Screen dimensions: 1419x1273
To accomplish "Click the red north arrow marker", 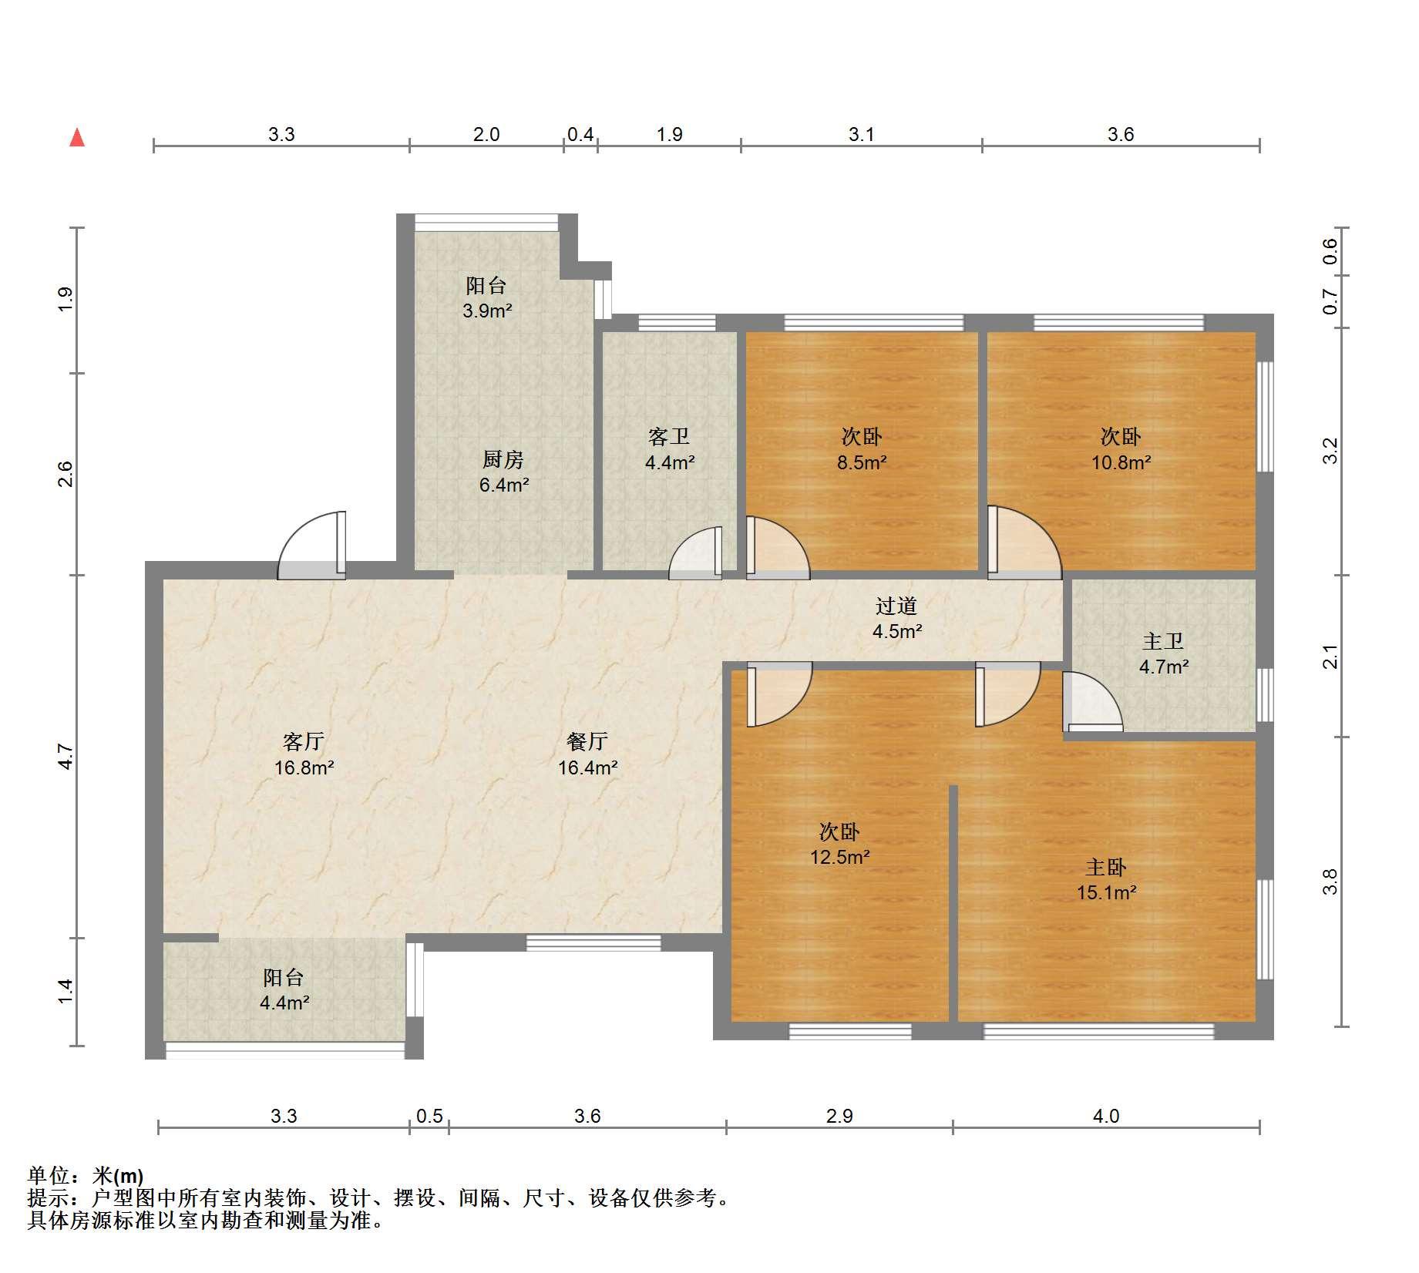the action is pyautogui.click(x=77, y=138).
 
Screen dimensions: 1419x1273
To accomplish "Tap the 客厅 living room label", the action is pyautogui.click(x=304, y=741).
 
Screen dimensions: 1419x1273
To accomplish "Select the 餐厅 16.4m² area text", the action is pyautogui.click(x=588, y=767).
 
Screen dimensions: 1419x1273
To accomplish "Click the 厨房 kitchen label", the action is pyautogui.click(x=503, y=459).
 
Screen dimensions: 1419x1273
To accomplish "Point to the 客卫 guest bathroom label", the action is pyautogui.click(x=669, y=437).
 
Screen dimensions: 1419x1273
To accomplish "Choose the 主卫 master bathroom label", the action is pyautogui.click(x=1163, y=641).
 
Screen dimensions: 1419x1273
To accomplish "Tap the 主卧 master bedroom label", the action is pyautogui.click(x=1106, y=867).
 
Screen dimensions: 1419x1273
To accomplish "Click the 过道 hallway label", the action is pyautogui.click(x=896, y=606).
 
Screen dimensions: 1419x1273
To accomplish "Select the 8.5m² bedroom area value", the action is pyautogui.click(x=862, y=462).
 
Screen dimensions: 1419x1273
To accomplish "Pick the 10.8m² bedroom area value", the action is pyautogui.click(x=1121, y=462).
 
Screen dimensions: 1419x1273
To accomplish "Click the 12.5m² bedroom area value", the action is pyautogui.click(x=839, y=857).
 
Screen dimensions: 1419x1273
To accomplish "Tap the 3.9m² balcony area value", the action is pyautogui.click(x=487, y=311).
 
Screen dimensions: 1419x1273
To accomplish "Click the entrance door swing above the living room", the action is pyautogui.click(x=311, y=545).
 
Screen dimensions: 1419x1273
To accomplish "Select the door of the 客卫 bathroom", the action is pyautogui.click(x=696, y=553).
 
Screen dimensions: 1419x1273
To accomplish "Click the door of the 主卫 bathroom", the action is pyautogui.click(x=1091, y=701).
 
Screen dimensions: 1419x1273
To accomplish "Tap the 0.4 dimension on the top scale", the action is pyautogui.click(x=580, y=134).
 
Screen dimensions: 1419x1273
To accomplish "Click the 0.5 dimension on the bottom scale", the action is pyautogui.click(x=429, y=1116).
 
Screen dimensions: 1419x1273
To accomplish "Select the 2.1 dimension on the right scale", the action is pyautogui.click(x=1330, y=657).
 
